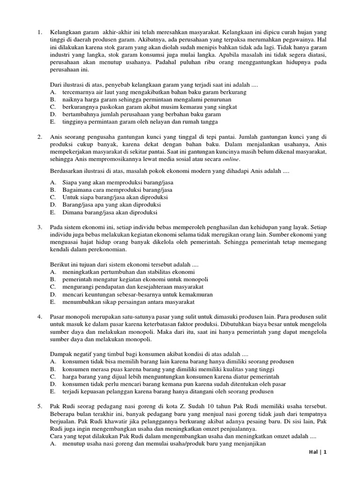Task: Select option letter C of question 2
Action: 52,197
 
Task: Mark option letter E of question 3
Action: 52,302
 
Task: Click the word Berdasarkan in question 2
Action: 67,171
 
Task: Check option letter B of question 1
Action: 52,99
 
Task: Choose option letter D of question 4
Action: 52,384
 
